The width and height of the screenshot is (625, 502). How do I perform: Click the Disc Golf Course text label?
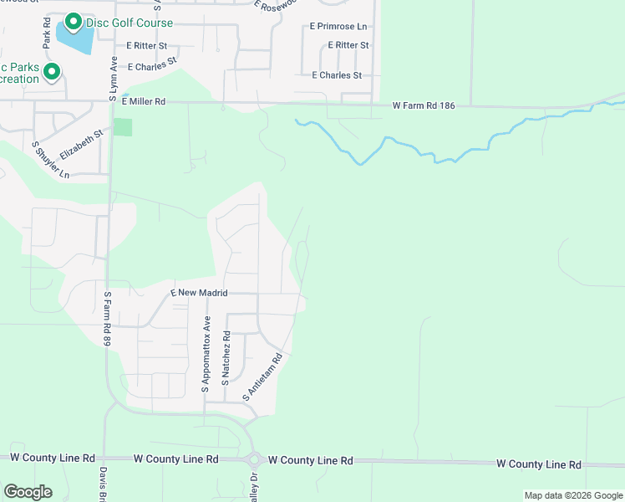pos(130,23)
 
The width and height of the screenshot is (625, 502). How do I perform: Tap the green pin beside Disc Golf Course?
pos(73,22)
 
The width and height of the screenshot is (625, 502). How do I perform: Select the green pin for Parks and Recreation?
pos(52,72)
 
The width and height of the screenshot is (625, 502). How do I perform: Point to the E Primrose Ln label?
pos(338,28)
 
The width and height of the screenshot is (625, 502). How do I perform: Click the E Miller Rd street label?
pos(144,101)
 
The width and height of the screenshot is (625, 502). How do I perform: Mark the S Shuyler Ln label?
pos(51,159)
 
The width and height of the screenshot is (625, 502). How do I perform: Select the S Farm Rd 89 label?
pos(107,319)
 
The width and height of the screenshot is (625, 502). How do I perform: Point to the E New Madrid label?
pos(199,293)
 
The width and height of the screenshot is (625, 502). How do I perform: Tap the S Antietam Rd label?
pos(263,376)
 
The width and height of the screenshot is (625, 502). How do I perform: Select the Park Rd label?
pos(47,33)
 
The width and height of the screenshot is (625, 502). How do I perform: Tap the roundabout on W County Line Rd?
pos(254,459)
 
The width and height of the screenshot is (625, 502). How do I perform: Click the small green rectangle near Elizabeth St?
pos(123,127)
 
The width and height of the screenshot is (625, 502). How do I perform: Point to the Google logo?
pos(28,492)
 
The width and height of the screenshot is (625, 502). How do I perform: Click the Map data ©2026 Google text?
pos(572,495)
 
